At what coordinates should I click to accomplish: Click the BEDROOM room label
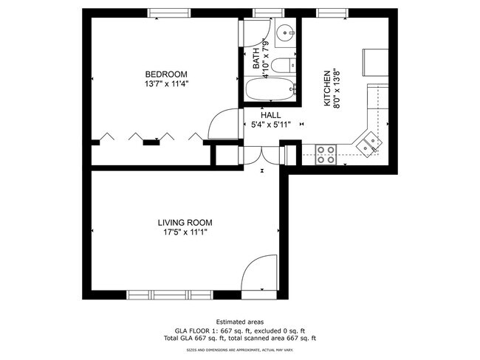tap(165, 75)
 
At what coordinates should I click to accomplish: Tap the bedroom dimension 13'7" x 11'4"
tap(165, 84)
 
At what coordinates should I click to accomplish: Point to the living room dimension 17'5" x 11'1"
tap(185, 232)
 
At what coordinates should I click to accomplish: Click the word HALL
tap(270, 116)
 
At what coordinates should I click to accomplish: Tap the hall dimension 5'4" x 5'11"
tap(270, 125)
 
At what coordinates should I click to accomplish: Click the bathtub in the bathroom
tap(270, 91)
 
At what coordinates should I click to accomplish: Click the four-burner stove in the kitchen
tap(326, 154)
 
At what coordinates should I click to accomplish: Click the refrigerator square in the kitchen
tap(375, 62)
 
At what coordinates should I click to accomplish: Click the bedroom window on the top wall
tap(168, 13)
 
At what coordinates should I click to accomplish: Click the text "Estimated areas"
tap(239, 322)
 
